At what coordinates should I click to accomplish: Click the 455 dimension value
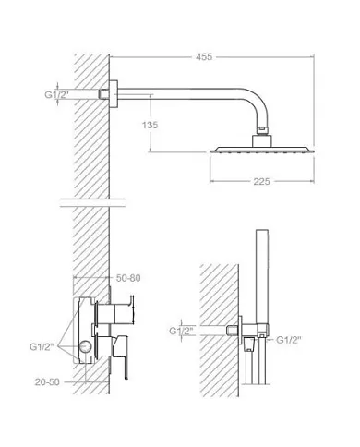[204, 57]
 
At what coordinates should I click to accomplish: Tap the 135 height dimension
[150, 125]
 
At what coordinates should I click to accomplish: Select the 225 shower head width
[261, 181]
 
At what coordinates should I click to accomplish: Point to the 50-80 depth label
[128, 278]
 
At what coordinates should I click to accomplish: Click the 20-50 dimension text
[47, 382]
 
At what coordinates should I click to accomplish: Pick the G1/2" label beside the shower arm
[56, 94]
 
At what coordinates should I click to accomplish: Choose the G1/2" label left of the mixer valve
[42, 346]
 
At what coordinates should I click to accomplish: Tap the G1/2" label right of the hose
[289, 340]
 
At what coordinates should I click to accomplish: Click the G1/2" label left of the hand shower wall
[181, 331]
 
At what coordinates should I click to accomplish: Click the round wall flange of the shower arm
[114, 94]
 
